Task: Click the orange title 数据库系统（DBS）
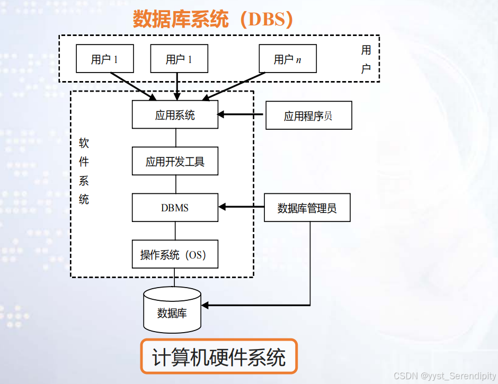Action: click(212, 20)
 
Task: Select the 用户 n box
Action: click(287, 58)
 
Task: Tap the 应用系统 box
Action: click(175, 114)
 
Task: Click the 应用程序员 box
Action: click(308, 115)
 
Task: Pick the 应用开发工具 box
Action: click(175, 161)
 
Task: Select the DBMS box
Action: click(175, 207)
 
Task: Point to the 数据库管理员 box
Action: click(307, 207)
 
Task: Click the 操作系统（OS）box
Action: click(175, 254)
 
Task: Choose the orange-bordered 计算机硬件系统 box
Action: click(219, 357)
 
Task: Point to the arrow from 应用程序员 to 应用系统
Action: click(241, 114)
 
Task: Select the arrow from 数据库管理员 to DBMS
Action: click(241, 207)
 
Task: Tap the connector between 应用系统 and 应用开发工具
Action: click(175, 137)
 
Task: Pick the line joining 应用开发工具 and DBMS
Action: click(175, 184)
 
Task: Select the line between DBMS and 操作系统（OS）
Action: click(175, 230)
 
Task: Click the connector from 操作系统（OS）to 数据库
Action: click(174, 278)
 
